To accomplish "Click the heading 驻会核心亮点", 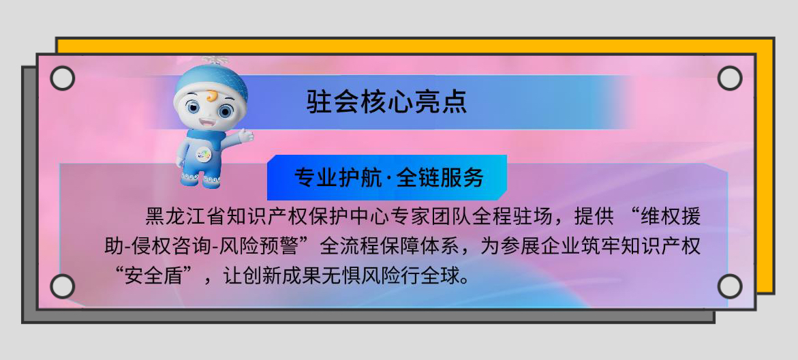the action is pyautogui.click(x=387, y=102).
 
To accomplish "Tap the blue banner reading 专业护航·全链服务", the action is pyautogui.click(x=387, y=177).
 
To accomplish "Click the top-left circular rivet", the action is pyautogui.click(x=63, y=78).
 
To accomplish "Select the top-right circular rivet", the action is pyautogui.click(x=730, y=78).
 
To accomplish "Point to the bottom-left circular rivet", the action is pyautogui.click(x=63, y=286).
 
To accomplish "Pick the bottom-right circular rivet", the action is pyautogui.click(x=730, y=286).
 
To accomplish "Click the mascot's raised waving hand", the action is pyautogui.click(x=246, y=136).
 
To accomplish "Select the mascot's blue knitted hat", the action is pyautogui.click(x=211, y=81).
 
